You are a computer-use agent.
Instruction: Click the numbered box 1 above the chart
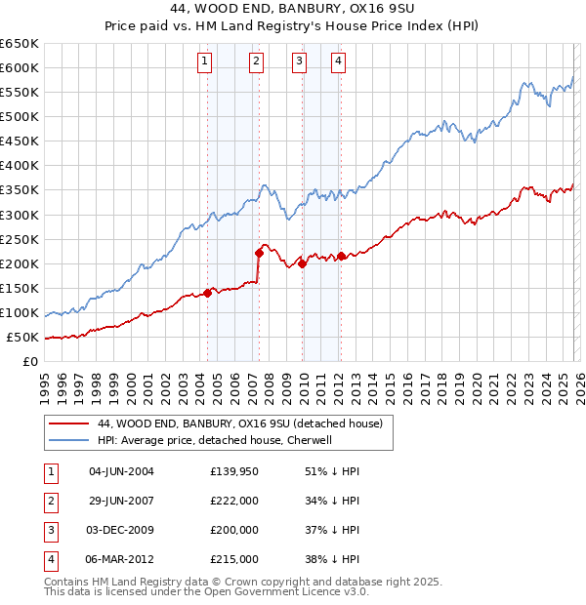coord(205,61)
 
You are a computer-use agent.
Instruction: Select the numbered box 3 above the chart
coord(299,61)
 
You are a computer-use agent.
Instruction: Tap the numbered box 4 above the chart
coord(338,61)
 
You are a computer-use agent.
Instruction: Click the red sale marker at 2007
coord(259,252)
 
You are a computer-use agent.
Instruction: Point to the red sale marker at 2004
coord(208,293)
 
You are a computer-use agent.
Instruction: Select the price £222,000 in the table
coord(233,501)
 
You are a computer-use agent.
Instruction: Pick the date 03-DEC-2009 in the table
coord(121,530)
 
